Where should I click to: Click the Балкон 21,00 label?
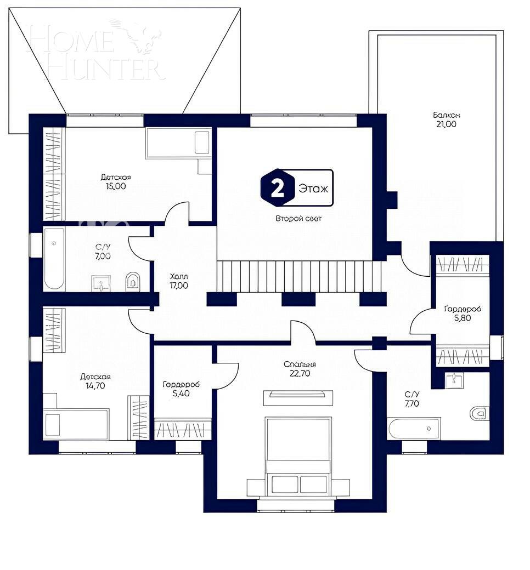446,119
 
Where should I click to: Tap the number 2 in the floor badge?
278,189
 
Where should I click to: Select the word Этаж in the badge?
313,189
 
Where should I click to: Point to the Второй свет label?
298,218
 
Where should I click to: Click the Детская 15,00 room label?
115,181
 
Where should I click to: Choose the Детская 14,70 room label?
95,381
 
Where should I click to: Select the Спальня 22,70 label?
300,369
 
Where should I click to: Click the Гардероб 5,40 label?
181,389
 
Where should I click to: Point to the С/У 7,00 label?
102,252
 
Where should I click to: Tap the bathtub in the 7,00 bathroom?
54,258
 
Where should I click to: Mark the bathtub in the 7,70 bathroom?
413,428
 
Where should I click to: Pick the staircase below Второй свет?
299,276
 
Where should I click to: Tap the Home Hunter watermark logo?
96,52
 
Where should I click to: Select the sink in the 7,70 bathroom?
454,380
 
